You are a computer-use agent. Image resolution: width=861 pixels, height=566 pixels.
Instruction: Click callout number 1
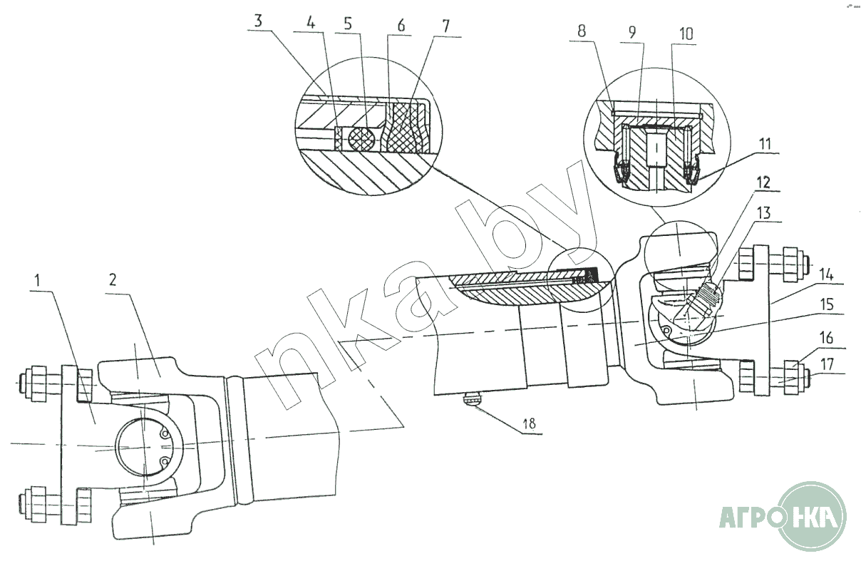tap(38, 281)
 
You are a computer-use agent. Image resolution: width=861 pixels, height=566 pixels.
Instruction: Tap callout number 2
tap(112, 279)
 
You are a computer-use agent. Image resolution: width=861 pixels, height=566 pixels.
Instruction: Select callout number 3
tap(258, 21)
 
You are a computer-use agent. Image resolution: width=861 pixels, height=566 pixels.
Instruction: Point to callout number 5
tap(348, 24)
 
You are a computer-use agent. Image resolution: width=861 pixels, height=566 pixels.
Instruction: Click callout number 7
tap(445, 26)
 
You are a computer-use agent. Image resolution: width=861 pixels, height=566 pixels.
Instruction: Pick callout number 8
tap(582, 31)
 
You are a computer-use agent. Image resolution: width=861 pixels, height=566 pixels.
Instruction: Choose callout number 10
tap(686, 34)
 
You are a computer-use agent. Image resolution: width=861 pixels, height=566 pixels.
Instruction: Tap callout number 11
tap(765, 144)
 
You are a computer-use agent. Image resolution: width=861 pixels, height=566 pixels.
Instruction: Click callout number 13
tap(764, 212)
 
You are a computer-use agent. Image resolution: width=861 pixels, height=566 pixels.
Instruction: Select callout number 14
tap(826, 275)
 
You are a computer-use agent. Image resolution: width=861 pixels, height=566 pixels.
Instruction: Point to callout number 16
tap(826, 338)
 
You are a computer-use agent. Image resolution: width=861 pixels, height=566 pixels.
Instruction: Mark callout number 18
tap(530, 423)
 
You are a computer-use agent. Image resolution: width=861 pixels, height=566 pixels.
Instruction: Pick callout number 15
tap(826, 304)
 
